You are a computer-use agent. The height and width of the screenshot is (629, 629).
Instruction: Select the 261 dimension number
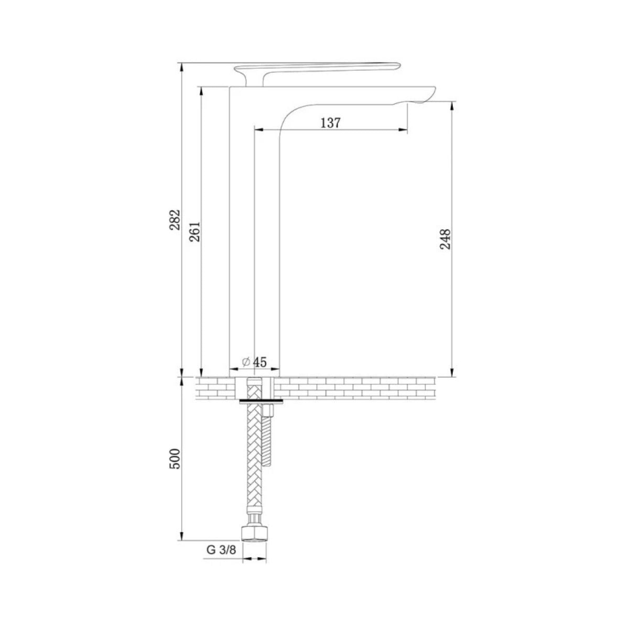195,231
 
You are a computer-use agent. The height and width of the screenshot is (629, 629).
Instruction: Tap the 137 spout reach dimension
330,123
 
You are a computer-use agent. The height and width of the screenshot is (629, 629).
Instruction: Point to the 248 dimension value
444,239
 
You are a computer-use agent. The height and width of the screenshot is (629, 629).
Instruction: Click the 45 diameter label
260,362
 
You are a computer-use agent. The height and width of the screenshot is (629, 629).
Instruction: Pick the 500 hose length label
175,459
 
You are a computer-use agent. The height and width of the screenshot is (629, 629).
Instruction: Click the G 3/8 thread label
221,550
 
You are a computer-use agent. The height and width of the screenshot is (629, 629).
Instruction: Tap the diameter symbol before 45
246,362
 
